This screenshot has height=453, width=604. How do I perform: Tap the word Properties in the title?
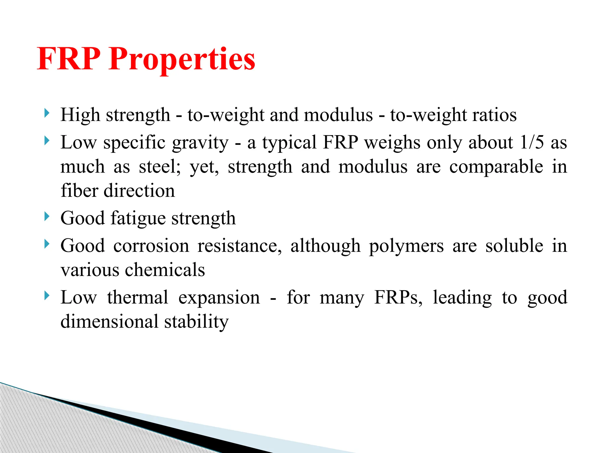(182, 60)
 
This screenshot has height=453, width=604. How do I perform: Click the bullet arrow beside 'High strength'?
(46, 113)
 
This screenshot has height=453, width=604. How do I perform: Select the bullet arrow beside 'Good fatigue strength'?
(46, 216)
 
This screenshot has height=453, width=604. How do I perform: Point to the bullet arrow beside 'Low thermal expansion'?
(46, 296)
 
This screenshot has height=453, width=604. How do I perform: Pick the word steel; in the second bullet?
(160, 167)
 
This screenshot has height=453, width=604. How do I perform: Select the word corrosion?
(151, 246)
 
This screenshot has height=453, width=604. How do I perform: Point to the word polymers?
(406, 246)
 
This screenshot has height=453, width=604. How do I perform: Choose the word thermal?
(138, 297)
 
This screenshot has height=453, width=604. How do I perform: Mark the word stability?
(196, 322)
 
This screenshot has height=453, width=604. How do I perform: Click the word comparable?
(496, 167)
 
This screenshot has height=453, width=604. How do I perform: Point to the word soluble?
(514, 246)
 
